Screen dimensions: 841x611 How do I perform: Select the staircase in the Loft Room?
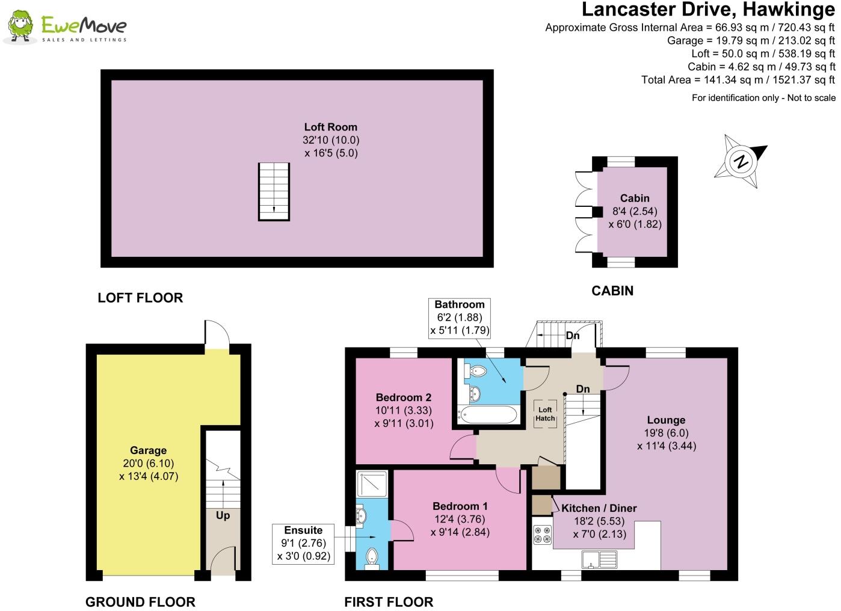[x=274, y=191]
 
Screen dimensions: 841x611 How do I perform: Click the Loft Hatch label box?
[x=545, y=414]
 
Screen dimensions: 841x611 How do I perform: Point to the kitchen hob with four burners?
[x=542, y=535]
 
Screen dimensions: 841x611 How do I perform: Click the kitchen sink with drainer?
[x=599, y=559]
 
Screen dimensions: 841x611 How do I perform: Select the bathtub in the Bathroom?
[x=487, y=415]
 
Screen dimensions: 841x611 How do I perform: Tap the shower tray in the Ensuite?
[x=372, y=484]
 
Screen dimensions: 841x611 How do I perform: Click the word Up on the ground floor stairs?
[x=223, y=515]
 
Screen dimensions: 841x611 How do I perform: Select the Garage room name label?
[x=149, y=450]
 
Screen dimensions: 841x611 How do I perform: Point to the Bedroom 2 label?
[x=404, y=397]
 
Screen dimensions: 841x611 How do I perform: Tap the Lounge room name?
[x=666, y=420]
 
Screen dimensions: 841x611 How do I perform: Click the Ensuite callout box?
[x=303, y=544]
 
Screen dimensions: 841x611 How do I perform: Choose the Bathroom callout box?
[x=460, y=318]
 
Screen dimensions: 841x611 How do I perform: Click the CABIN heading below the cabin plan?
[x=612, y=290]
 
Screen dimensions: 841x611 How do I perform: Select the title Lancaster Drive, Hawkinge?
[x=708, y=10]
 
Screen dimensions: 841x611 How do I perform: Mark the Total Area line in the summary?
[x=738, y=79]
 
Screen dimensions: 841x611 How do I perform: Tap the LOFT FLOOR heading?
[x=140, y=298]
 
